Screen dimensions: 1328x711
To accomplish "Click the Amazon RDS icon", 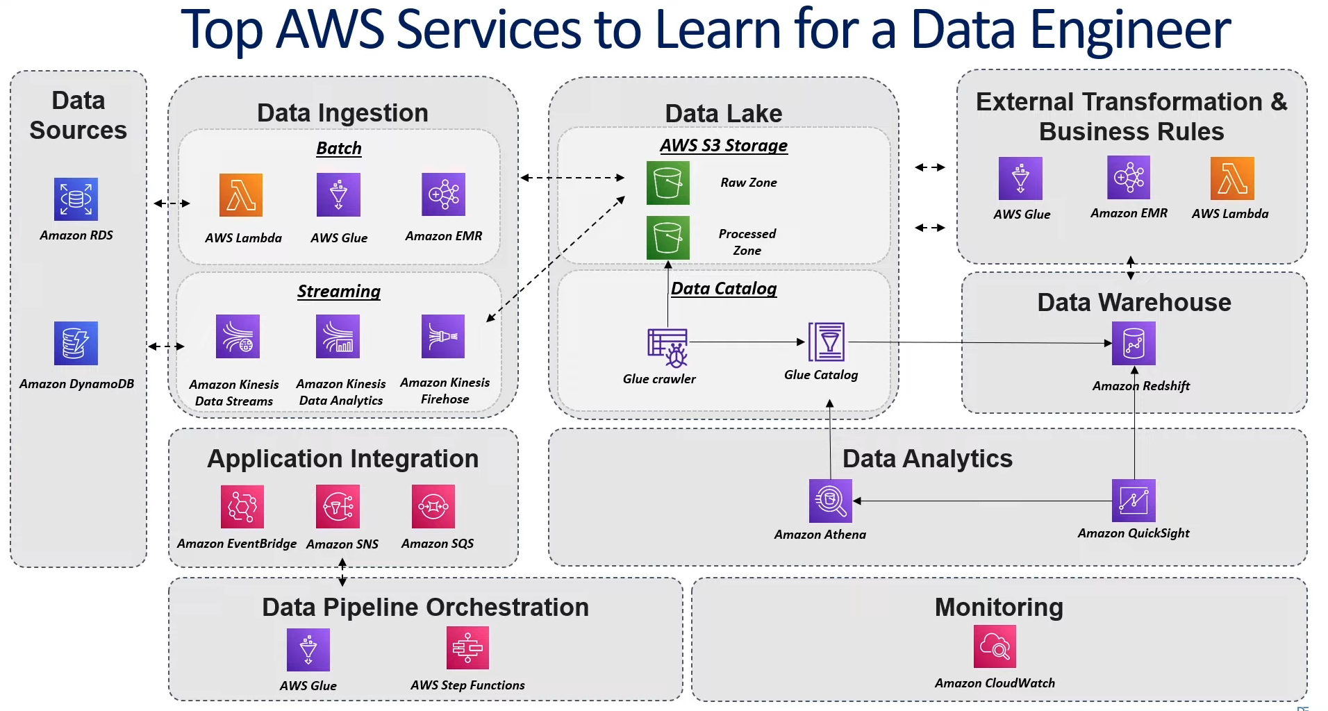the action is tap(76, 199).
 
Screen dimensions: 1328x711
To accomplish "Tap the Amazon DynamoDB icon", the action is tap(76, 343).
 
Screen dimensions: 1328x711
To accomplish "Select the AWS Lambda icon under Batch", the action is tap(241, 195).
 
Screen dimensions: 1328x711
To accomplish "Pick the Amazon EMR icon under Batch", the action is tap(443, 194).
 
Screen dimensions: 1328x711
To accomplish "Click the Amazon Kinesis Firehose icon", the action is tap(443, 336).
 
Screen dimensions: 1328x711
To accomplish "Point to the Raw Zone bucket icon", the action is tap(668, 183).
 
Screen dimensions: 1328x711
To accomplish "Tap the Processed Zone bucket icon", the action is tap(668, 237).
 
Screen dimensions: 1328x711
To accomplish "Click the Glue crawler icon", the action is tap(667, 347).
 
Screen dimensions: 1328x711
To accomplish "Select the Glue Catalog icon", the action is tap(827, 342).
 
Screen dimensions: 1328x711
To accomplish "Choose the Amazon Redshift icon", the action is tap(1134, 343).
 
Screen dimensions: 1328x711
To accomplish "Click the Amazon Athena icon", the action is tap(831, 501).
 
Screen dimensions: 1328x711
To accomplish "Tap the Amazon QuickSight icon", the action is tap(1134, 501).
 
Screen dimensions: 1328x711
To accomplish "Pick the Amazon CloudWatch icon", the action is tap(995, 646).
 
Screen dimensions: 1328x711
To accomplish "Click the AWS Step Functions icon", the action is tap(467, 648).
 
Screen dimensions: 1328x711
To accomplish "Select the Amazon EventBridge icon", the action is tap(242, 506).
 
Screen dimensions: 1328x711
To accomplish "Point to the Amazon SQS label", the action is tap(438, 544).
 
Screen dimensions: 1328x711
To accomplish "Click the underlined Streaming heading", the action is tap(339, 291).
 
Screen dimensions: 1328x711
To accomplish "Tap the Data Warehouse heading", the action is tap(1134, 303).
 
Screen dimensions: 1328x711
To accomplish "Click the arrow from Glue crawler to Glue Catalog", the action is tap(747, 342).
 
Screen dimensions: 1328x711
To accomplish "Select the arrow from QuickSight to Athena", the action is tap(982, 501).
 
